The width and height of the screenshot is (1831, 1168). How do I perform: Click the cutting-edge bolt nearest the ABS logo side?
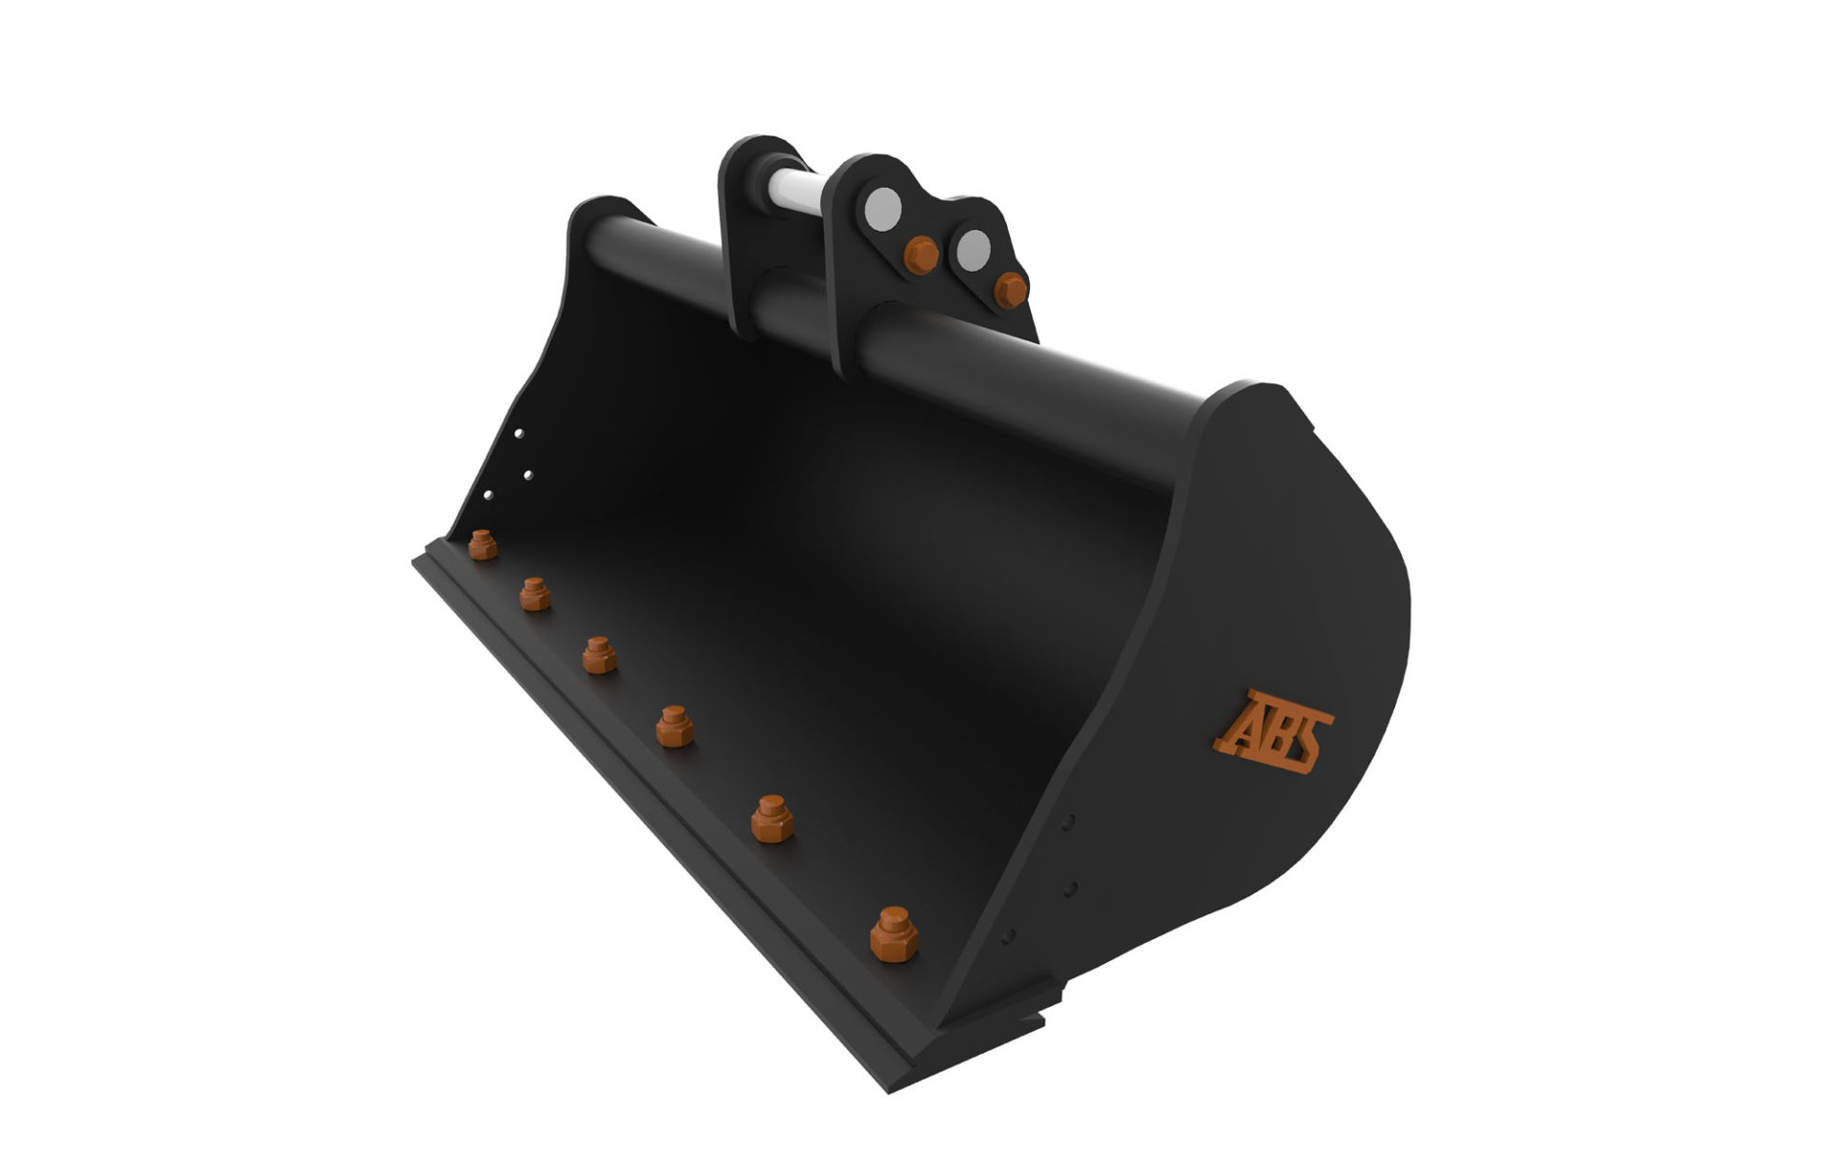tap(894, 934)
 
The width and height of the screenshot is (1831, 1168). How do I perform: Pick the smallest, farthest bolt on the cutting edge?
tap(483, 544)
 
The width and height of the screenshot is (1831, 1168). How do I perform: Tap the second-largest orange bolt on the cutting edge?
tap(771, 819)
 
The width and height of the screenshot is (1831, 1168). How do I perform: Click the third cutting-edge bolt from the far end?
tap(599, 655)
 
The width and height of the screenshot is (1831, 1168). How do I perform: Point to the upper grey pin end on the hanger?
tap(884, 205)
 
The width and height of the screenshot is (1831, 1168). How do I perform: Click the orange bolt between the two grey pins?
tap(920, 255)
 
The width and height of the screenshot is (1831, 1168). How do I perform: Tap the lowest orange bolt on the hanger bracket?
tap(1010, 289)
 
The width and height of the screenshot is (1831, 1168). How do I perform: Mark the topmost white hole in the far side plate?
tap(518, 433)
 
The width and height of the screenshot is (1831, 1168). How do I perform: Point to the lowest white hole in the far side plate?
tap(488, 495)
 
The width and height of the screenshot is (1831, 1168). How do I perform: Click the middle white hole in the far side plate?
tap(527, 473)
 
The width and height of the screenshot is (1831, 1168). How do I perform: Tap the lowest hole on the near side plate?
tap(1008, 935)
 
